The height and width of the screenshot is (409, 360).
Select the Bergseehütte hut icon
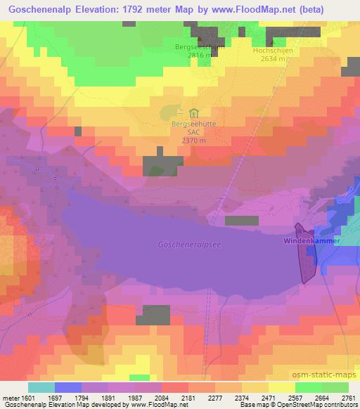(x=193, y=112)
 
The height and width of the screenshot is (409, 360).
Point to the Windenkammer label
(x=311, y=241)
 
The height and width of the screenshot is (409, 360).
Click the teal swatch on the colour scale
(x=41, y=387)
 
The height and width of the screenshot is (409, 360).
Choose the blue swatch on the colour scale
(x=67, y=387)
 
